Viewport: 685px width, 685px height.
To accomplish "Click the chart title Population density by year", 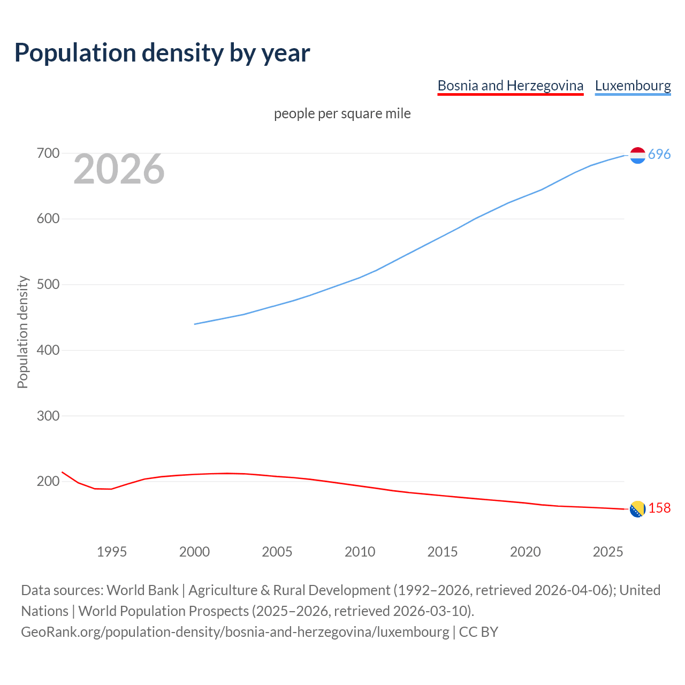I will click(x=162, y=53).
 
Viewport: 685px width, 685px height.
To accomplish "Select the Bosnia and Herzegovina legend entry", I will click(x=510, y=86).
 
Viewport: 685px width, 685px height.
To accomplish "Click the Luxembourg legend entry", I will click(x=633, y=86).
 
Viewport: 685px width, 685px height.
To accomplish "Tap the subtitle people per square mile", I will click(x=342, y=113).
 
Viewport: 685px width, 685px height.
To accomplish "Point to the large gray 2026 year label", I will click(x=119, y=169).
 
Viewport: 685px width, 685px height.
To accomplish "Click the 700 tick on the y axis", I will click(x=48, y=154).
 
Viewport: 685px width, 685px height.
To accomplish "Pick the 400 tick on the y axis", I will click(x=48, y=351).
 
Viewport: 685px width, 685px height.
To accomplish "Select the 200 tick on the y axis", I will click(x=48, y=482).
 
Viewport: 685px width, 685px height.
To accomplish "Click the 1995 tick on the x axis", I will click(x=111, y=552).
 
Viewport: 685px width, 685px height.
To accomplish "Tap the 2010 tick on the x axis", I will click(x=360, y=552).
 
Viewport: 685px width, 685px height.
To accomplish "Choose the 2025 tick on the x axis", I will click(x=608, y=552).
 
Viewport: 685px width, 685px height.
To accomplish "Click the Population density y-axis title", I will click(x=22, y=332).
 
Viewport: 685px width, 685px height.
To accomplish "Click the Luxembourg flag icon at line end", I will click(x=637, y=155).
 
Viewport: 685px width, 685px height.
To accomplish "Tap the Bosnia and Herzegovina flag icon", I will click(x=637, y=509).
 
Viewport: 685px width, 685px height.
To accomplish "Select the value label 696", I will click(x=659, y=155).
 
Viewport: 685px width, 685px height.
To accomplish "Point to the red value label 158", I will click(x=659, y=508).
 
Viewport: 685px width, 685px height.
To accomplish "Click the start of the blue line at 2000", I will click(x=195, y=324).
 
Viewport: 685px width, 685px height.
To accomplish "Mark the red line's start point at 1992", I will click(x=62, y=472).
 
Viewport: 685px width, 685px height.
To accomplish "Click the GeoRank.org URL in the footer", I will click(x=235, y=632).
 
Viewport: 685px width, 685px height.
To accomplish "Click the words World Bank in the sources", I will click(x=142, y=590).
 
